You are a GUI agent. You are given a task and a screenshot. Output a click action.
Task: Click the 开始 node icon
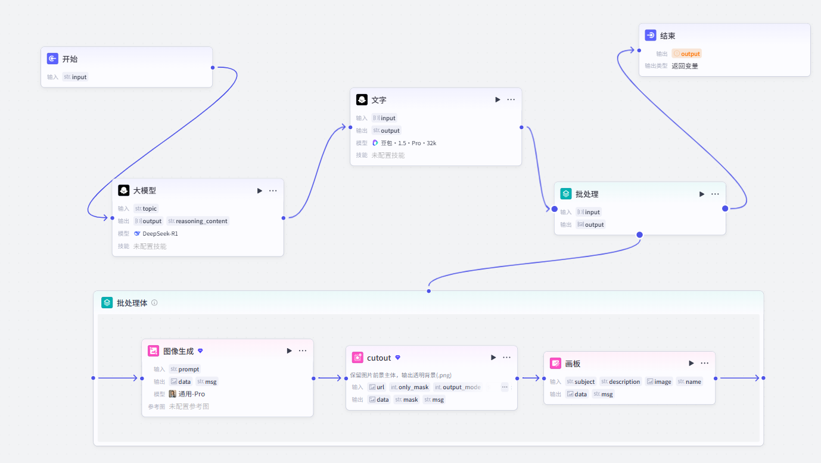point(52,58)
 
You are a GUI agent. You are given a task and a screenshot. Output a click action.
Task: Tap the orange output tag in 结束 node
point(687,54)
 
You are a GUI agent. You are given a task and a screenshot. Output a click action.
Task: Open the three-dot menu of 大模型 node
point(273,190)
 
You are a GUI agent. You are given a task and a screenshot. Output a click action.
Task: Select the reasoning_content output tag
point(198,221)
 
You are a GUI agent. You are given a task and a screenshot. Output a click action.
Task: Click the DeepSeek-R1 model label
point(160,233)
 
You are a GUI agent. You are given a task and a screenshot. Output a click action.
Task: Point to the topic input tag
point(146,209)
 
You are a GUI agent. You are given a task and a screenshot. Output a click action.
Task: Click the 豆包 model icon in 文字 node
point(375,143)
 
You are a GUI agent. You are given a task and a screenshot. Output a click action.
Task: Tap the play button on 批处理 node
point(701,194)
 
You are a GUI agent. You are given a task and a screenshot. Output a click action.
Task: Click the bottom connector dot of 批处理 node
point(639,234)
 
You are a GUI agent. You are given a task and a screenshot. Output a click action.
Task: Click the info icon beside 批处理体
point(155,303)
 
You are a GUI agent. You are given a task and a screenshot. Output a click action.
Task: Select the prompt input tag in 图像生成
point(185,370)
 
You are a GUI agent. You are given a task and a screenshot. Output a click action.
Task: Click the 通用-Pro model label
point(192,394)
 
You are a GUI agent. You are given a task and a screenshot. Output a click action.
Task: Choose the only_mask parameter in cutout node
point(409,387)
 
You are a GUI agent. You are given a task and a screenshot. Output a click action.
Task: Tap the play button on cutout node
point(493,357)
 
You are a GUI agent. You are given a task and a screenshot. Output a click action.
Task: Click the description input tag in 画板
point(620,381)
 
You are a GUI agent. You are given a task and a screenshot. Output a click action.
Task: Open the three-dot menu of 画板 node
point(704,363)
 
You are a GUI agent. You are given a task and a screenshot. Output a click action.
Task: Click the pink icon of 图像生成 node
point(153,351)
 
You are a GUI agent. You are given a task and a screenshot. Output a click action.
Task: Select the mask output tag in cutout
point(406,400)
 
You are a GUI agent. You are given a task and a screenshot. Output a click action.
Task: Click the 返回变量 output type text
point(685,66)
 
